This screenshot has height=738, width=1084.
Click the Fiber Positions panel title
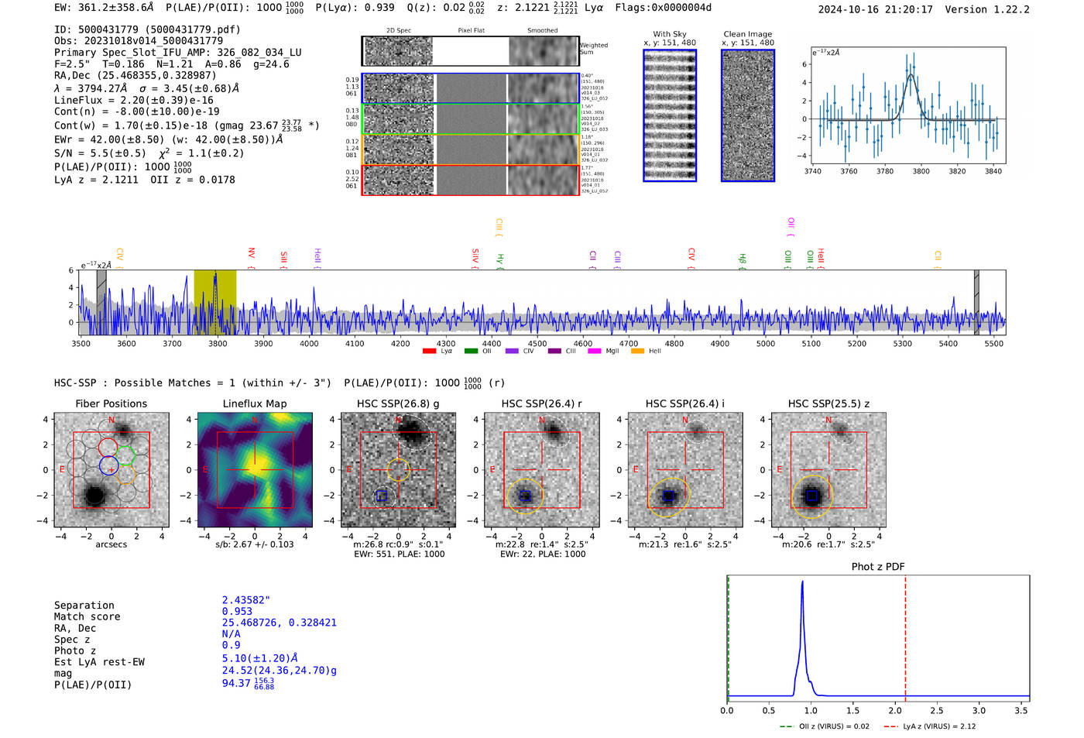(111, 403)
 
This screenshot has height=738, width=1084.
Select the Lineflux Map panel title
(254, 403)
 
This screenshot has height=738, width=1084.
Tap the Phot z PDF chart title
(878, 567)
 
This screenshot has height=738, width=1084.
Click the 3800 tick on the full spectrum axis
(218, 344)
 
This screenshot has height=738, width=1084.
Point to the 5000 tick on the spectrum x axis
(765, 344)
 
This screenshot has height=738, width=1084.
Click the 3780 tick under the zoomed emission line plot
(884, 171)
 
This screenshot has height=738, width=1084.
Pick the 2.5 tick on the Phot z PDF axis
(937, 710)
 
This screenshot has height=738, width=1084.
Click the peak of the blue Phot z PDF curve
(802, 582)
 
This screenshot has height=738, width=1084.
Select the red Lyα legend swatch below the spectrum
(429, 352)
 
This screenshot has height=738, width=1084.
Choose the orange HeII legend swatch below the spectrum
(637, 352)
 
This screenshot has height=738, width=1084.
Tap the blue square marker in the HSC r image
(525, 496)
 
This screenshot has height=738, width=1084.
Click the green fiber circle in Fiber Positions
(126, 455)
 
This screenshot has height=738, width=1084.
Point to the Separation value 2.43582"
(245, 600)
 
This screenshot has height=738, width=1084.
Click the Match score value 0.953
(237, 611)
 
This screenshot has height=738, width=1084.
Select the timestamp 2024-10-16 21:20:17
(875, 9)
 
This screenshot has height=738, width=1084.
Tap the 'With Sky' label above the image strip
(669, 34)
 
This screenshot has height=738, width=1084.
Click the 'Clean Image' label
(747, 34)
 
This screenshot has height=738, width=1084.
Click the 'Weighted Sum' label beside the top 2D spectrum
(593, 48)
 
